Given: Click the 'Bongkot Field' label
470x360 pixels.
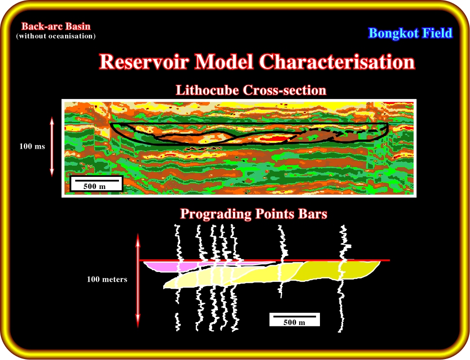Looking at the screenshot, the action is point(410,33).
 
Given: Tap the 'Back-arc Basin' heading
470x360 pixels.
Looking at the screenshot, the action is point(56,26).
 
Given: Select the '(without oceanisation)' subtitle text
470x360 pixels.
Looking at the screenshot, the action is point(56,36).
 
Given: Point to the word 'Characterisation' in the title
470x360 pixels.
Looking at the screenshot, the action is point(337,62).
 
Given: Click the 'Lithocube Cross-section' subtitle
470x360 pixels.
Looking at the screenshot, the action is point(251,90).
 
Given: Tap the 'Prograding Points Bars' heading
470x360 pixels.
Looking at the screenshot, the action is point(253,214).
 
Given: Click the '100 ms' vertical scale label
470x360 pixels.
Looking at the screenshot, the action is point(32,146).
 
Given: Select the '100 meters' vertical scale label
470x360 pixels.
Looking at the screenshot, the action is point(107,279).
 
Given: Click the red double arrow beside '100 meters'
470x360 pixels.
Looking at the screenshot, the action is point(138,280).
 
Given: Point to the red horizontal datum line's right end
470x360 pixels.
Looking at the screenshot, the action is point(390,260).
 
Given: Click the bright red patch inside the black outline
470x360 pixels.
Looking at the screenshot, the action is point(272,138).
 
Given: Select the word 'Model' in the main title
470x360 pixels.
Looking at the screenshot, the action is point(224,62).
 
